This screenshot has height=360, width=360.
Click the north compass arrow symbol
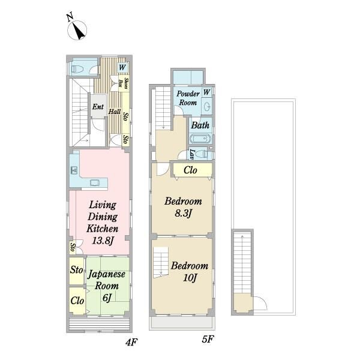(x=77, y=30)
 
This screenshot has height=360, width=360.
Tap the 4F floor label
(x=131, y=343)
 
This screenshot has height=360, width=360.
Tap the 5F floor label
(x=208, y=339)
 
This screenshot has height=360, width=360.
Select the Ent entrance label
(x=98, y=107)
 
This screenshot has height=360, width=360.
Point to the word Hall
(x=115, y=112)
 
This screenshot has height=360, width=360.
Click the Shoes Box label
(x=123, y=83)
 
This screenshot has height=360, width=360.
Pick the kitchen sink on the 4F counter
(x=74, y=170)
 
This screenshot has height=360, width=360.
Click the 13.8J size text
(x=103, y=241)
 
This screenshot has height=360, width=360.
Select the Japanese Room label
(x=107, y=280)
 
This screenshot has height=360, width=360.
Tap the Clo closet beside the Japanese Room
(x=77, y=301)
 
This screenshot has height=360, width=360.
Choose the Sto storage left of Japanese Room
(x=76, y=270)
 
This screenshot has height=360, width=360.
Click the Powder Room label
(x=188, y=98)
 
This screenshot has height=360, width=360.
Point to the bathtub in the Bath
(x=200, y=139)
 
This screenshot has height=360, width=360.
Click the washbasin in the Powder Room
(x=207, y=106)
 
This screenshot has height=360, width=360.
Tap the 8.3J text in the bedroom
(x=183, y=213)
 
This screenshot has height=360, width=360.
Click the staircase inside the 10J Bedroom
(x=161, y=262)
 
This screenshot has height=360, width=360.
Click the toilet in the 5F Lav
(x=202, y=154)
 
